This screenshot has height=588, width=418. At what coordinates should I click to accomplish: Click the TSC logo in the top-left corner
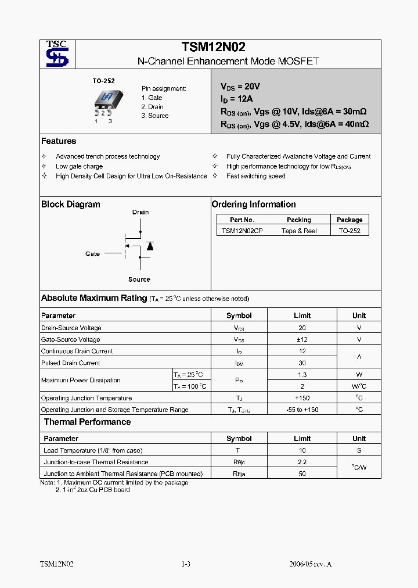pyautogui.click(x=57, y=54)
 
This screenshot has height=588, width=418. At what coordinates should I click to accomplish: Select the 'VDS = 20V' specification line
pyautogui.click(x=242, y=87)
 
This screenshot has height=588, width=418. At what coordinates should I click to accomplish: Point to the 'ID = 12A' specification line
pyautogui.click(x=237, y=99)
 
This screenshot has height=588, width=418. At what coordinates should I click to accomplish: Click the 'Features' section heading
pyautogui.click(x=59, y=141)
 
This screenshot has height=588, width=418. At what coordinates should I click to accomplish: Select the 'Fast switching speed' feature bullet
pyautogui.click(x=255, y=176)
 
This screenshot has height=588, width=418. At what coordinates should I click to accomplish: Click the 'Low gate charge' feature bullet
pyautogui.click(x=79, y=166)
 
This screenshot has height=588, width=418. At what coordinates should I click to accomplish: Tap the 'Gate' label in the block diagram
pyautogui.click(x=92, y=254)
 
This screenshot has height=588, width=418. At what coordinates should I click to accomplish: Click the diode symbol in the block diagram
pyautogui.click(x=150, y=246)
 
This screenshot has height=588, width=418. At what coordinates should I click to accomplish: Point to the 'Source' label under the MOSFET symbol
pyautogui.click(x=139, y=279)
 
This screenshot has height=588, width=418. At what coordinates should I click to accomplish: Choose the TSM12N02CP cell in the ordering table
pyautogui.click(x=242, y=231)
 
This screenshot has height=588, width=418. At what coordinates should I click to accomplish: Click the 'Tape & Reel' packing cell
pyautogui.click(x=299, y=231)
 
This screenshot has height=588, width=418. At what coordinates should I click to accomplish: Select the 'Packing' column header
pyautogui.click(x=299, y=220)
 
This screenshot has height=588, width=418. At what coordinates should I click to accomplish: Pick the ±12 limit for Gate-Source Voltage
pyautogui.click(x=302, y=339)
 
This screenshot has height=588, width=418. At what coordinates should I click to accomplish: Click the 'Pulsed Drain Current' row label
pyautogui.click(x=70, y=363)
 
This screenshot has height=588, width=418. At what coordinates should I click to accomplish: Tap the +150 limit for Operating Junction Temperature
pyautogui.click(x=302, y=398)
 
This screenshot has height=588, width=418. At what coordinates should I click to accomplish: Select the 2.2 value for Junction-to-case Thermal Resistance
pyautogui.click(x=302, y=462)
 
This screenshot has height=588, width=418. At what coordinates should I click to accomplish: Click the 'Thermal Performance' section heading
pyautogui.click(x=87, y=422)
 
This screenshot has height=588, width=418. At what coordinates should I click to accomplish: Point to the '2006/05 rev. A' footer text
pyautogui.click(x=310, y=564)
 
